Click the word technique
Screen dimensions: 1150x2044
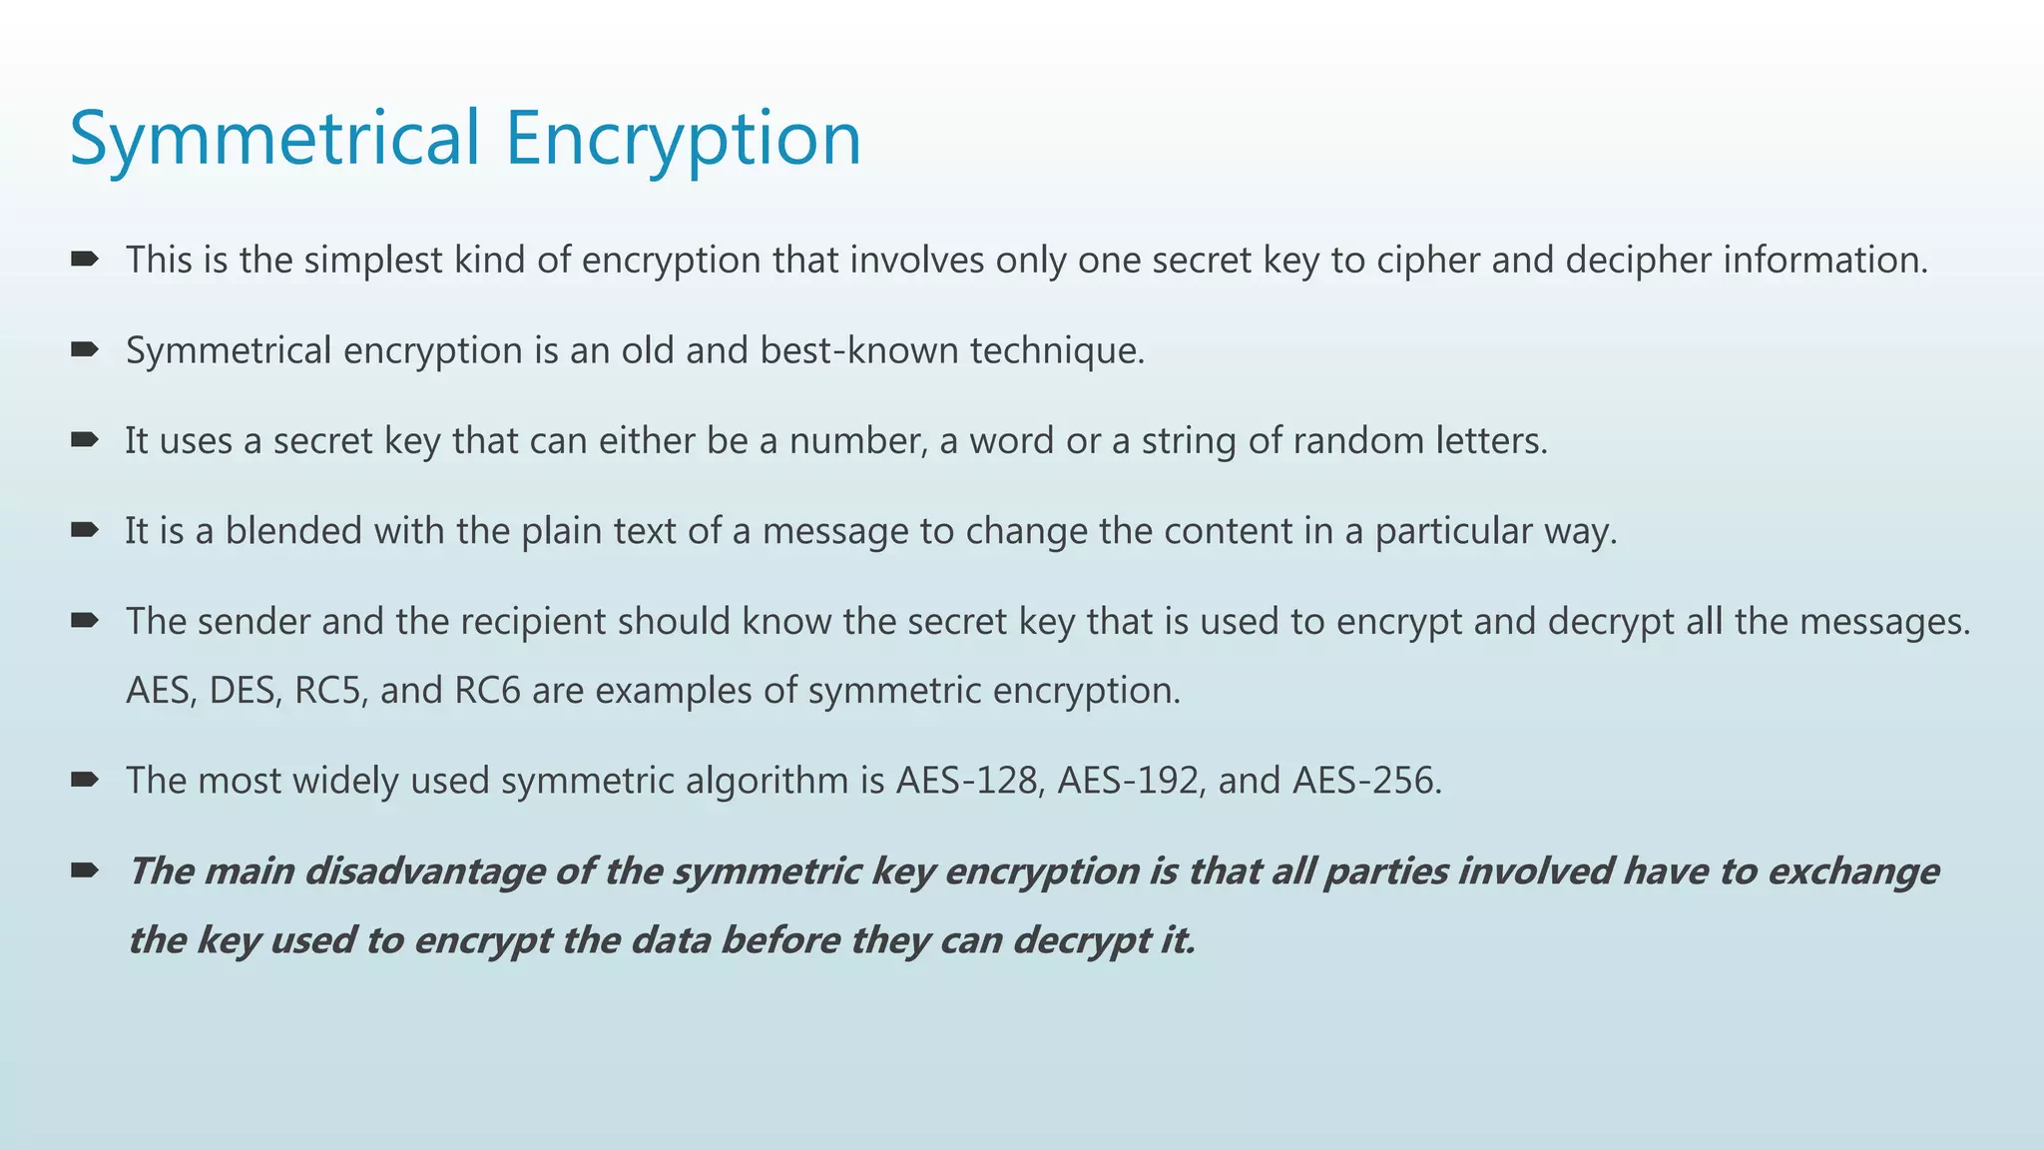point(1057,350)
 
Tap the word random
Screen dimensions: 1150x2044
point(1358,440)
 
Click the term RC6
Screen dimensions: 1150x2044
point(488,690)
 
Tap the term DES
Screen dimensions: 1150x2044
point(245,690)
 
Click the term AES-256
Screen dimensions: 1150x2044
point(1366,780)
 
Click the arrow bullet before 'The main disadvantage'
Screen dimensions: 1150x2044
point(84,870)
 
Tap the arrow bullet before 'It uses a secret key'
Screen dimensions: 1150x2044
point(84,439)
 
